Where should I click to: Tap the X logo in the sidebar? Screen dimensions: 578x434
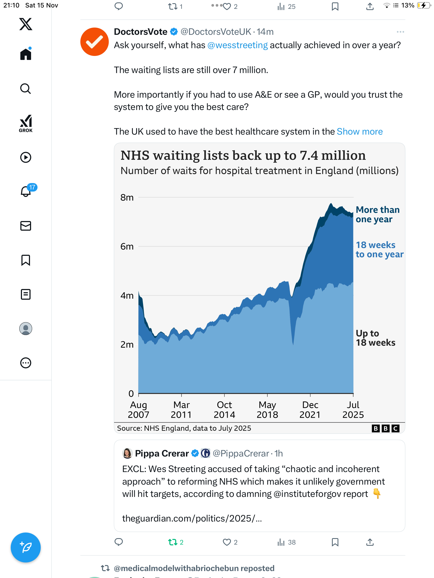(x=26, y=24)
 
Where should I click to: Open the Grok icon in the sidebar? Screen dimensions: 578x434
(x=26, y=123)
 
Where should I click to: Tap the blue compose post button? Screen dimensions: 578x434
(x=26, y=547)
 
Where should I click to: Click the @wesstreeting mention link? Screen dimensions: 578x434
(x=237, y=45)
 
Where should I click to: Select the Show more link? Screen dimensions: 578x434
(x=360, y=132)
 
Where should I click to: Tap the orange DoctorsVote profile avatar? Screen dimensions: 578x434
(x=94, y=42)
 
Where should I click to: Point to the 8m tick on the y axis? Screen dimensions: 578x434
(x=127, y=197)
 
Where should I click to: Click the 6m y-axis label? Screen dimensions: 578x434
(x=127, y=246)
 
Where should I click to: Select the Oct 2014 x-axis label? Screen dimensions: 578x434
(x=224, y=409)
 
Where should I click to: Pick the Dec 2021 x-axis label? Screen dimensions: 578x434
(x=310, y=409)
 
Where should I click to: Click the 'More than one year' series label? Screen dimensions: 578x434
(x=377, y=214)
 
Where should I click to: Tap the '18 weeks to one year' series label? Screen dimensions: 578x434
(x=379, y=249)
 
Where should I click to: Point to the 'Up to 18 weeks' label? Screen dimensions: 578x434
(x=375, y=338)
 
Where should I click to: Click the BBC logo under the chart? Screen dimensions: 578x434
(x=386, y=428)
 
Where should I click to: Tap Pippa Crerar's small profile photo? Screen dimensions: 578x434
(x=127, y=453)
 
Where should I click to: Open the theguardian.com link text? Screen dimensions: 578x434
(x=192, y=519)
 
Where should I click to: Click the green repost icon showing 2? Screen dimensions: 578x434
(x=173, y=542)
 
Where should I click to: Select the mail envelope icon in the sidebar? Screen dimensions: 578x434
(x=26, y=226)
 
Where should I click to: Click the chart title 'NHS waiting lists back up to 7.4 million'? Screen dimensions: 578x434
(x=243, y=155)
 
